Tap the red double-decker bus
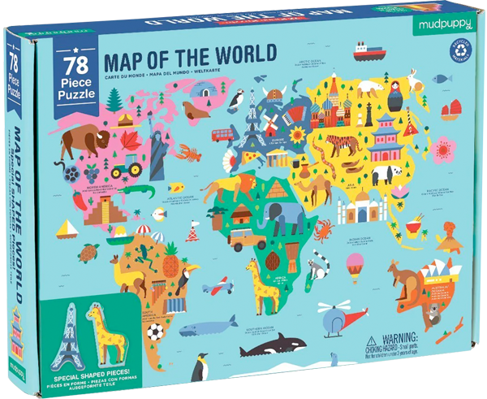point(221,135)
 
